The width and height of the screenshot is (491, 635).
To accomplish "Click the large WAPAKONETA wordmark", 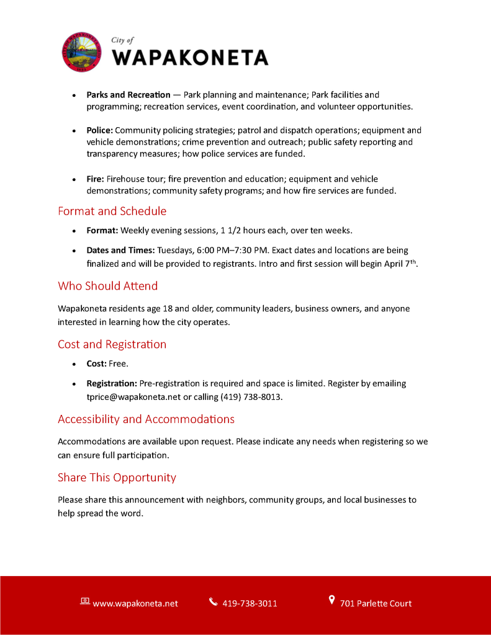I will click(x=190, y=58).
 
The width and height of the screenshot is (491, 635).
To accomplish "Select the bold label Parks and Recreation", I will click(x=128, y=95).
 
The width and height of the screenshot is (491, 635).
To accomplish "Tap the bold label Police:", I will click(x=99, y=130).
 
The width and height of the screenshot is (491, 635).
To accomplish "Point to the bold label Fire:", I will click(x=95, y=179).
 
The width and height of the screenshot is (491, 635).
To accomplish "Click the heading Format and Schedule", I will click(x=112, y=211).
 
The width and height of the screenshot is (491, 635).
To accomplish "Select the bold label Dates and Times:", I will click(x=120, y=251).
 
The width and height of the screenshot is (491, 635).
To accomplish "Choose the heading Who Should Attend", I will click(x=107, y=286).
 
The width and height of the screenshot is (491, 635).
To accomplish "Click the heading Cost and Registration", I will click(x=112, y=344).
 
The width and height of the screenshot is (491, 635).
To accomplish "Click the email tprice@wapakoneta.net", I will click(x=133, y=397).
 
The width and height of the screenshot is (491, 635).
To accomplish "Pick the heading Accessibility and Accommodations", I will click(x=146, y=419).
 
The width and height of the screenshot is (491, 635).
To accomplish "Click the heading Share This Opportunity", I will click(x=117, y=477).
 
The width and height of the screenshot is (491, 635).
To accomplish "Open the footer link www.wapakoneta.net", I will click(x=135, y=603).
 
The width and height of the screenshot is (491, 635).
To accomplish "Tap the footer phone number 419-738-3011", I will click(x=250, y=603).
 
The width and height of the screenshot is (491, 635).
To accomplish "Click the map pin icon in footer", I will click(x=331, y=600).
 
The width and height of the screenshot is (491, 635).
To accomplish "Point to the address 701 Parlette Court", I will click(x=376, y=603).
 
